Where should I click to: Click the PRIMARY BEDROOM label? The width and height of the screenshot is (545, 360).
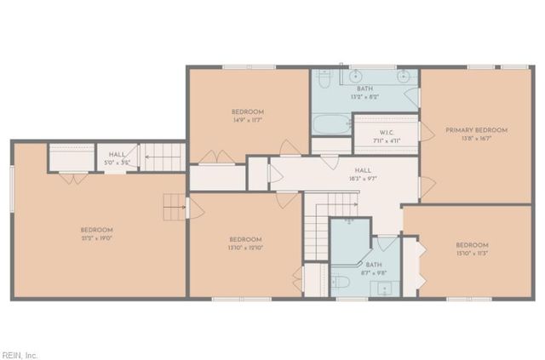pyautogui.click(x=476, y=130)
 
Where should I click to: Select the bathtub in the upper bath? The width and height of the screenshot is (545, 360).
pyautogui.click(x=330, y=125)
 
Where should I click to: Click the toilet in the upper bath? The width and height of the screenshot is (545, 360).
pyautogui.click(x=324, y=79)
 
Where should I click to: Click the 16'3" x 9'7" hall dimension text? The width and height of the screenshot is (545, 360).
pyautogui.click(x=363, y=179)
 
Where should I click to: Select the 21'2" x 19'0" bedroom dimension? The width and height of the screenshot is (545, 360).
pyautogui.click(x=96, y=238)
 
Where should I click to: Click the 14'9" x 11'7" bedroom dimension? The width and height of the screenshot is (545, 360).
pyautogui.click(x=247, y=121)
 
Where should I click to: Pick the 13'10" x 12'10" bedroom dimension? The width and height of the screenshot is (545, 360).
pyautogui.click(x=244, y=248)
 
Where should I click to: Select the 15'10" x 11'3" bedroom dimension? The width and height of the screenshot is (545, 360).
pyautogui.click(x=471, y=254)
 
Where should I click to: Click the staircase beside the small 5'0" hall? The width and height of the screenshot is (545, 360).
pyautogui.click(x=161, y=157)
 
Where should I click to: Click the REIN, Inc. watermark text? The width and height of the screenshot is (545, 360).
pyautogui.click(x=20, y=354)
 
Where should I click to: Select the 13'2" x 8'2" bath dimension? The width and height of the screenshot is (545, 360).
pyautogui.click(x=364, y=96)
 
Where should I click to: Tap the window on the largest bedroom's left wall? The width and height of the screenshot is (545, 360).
pyautogui.click(x=12, y=187)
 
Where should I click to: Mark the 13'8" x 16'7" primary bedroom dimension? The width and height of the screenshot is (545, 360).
pyautogui.click(x=476, y=138)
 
